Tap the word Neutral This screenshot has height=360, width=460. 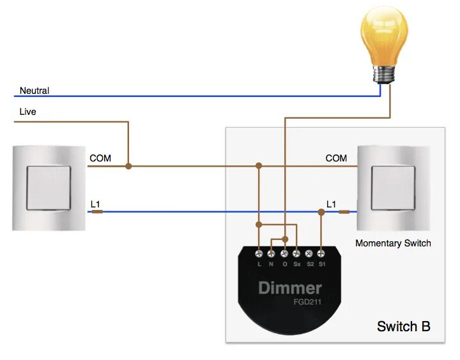tap(34, 91)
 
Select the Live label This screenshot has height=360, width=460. tap(28, 112)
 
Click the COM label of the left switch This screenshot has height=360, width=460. tap(100, 158)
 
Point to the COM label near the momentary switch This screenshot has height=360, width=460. tap(336, 158)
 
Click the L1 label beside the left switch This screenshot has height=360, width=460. tap(96, 204)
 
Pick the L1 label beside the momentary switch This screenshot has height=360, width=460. tap(331, 204)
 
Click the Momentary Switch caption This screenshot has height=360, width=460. tap(393, 243)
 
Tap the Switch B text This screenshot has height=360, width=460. tap(403, 327)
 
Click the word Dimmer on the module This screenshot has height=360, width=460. tap(289, 288)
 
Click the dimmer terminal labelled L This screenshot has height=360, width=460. tap(259, 253)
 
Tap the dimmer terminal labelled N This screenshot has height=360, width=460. tap(272, 253)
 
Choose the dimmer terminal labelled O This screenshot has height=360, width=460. tap(284, 253)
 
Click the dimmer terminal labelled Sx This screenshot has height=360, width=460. tap(296, 253)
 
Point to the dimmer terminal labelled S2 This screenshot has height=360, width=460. tap(309, 253)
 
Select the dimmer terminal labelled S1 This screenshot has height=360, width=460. tap(322, 253)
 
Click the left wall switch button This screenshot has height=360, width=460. tap(48, 188)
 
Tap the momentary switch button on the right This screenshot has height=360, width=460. tap(392, 188)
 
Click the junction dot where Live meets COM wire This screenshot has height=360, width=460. tap(128, 166)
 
